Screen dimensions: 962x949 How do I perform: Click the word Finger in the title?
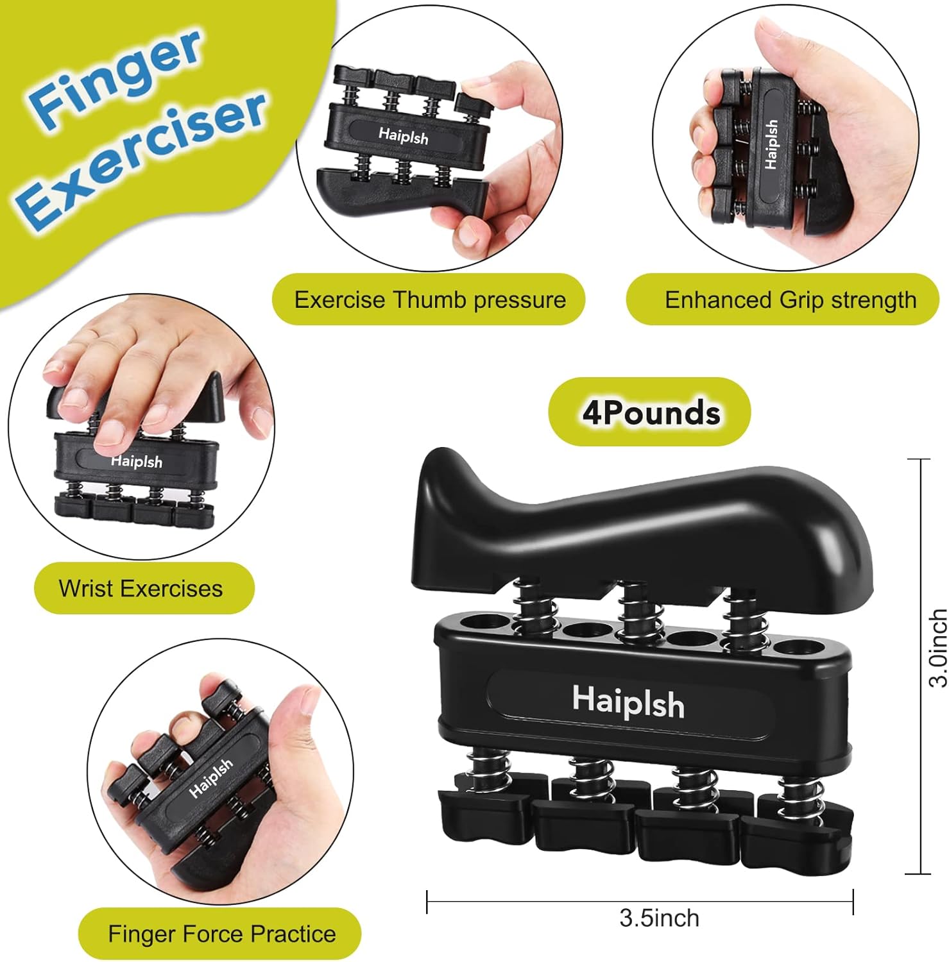[115, 77]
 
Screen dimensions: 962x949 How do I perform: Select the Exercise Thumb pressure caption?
[429, 300]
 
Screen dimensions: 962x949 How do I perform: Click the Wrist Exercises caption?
[141, 588]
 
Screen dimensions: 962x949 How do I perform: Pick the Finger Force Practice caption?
[221, 934]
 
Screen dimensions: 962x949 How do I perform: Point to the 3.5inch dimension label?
[659, 918]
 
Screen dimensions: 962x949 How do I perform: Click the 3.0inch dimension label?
[937, 648]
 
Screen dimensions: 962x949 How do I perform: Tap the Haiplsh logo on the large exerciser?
[628, 702]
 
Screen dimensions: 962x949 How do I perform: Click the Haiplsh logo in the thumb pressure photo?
[403, 135]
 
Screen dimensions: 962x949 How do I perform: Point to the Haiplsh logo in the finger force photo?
[210, 779]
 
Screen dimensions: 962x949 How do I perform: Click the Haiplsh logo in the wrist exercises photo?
[137, 461]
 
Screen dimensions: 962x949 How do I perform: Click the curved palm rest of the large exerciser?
[642, 526]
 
